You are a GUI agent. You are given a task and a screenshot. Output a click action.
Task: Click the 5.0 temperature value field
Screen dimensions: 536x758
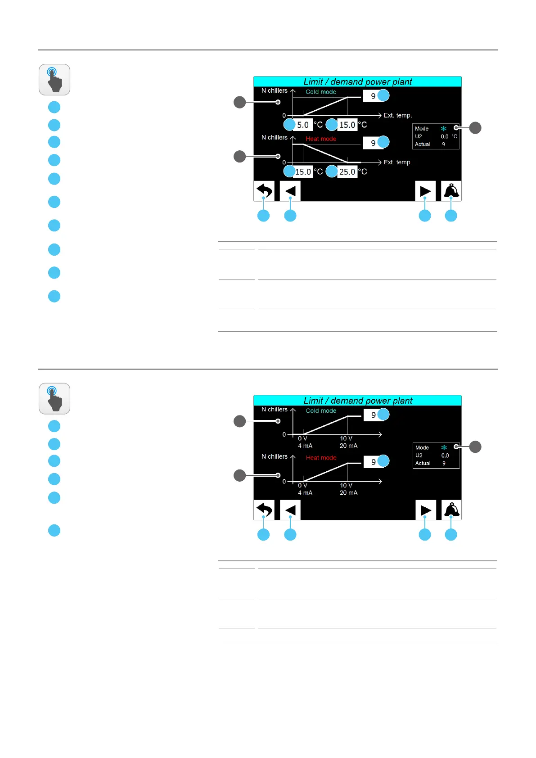click(x=303, y=125)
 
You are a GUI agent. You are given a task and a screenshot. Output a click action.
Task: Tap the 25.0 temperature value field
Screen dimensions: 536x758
click(x=347, y=172)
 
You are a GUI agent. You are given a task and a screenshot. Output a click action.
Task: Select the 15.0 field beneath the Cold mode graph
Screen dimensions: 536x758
click(x=347, y=125)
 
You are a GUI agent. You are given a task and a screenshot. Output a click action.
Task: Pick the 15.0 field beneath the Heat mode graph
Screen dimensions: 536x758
click(x=303, y=172)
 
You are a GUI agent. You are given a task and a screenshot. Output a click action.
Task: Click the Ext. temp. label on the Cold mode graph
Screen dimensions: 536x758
click(x=397, y=116)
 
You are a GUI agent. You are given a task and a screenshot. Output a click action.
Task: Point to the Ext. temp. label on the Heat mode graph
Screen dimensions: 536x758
click(x=397, y=162)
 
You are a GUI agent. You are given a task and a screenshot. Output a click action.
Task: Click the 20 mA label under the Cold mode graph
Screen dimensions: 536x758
click(x=348, y=446)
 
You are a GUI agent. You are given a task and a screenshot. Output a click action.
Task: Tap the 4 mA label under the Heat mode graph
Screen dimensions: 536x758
click(x=305, y=493)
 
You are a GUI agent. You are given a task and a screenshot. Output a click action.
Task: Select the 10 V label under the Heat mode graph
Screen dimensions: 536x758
click(x=346, y=486)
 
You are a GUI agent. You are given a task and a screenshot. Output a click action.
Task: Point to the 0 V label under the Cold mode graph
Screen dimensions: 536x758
click(x=302, y=438)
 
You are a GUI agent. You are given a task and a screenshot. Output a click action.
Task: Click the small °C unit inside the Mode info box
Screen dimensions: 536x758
click(x=455, y=136)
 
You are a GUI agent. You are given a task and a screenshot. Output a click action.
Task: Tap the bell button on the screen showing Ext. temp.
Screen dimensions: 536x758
click(x=451, y=191)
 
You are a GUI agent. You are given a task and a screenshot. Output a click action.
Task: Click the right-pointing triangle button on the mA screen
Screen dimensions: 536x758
click(x=425, y=510)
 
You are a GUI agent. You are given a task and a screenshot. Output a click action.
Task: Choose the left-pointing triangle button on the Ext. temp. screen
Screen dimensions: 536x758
click(x=290, y=191)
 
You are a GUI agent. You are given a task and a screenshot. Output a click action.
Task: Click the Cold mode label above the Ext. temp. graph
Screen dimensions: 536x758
click(x=320, y=92)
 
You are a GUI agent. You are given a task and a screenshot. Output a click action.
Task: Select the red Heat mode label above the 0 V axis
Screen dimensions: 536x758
click(x=321, y=458)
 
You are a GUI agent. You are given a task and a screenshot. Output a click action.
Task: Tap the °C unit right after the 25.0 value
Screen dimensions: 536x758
click(x=363, y=172)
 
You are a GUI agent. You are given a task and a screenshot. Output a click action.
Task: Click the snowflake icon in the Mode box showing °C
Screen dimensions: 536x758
click(x=444, y=129)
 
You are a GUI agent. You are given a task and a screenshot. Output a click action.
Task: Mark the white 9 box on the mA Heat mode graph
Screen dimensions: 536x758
click(x=373, y=462)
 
